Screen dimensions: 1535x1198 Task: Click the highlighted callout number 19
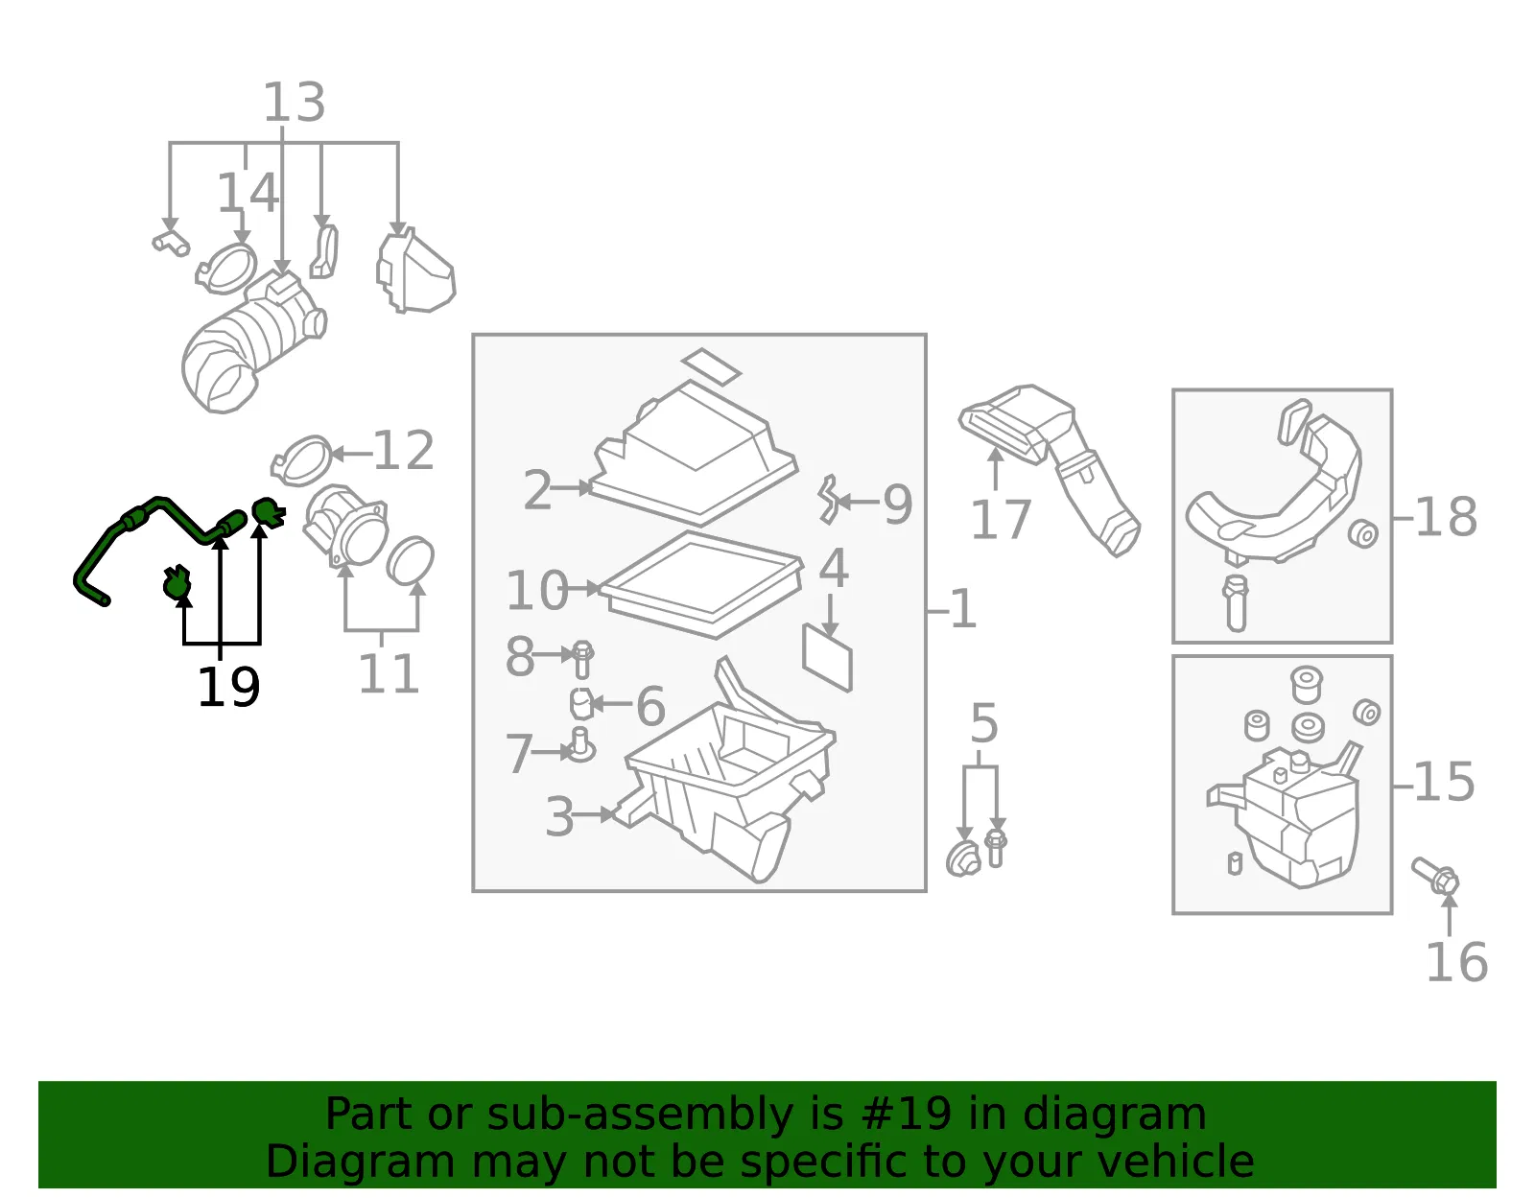pyautogui.click(x=229, y=687)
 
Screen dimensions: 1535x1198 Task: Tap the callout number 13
pyautogui.click(x=294, y=102)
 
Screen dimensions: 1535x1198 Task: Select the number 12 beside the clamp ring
pyautogui.click(x=403, y=450)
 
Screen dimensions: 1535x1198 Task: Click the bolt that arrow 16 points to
pyautogui.click(x=1434, y=875)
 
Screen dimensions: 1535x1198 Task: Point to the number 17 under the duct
pyautogui.click(x=1001, y=520)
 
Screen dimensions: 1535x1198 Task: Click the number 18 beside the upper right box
pyautogui.click(x=1446, y=517)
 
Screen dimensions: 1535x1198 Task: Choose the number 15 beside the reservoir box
pyautogui.click(x=1444, y=782)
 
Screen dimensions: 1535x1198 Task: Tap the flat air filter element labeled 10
pyautogui.click(x=701, y=584)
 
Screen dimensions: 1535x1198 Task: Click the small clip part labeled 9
pyautogui.click(x=828, y=500)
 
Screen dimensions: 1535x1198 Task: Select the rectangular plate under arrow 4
pyautogui.click(x=827, y=657)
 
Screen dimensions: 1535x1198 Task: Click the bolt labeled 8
pyautogui.click(x=582, y=659)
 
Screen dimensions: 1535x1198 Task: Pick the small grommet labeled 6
pyautogui.click(x=581, y=704)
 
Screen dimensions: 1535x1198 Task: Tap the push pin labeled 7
pyautogui.click(x=581, y=744)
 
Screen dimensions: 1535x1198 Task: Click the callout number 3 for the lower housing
pyautogui.click(x=559, y=817)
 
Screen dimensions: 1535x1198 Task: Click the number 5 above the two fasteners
pyautogui.click(x=984, y=723)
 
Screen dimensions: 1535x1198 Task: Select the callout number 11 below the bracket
pyautogui.click(x=389, y=673)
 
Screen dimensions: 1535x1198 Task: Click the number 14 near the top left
pyautogui.click(x=248, y=192)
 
